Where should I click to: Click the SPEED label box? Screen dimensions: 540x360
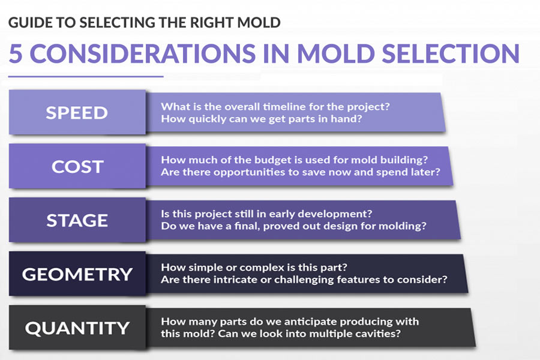click(77, 112)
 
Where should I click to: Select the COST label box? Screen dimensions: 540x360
click(77, 166)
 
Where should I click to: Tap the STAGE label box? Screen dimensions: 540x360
click(77, 220)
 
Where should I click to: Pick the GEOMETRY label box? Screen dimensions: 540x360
click(77, 274)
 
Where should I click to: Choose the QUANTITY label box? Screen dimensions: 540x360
click(77, 327)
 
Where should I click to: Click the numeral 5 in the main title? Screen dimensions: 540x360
click(16, 54)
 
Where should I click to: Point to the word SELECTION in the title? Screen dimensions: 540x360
click(451, 53)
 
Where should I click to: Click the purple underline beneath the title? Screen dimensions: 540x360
click(86, 76)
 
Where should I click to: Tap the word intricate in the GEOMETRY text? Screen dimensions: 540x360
click(235, 280)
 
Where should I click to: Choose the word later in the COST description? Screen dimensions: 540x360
click(425, 172)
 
